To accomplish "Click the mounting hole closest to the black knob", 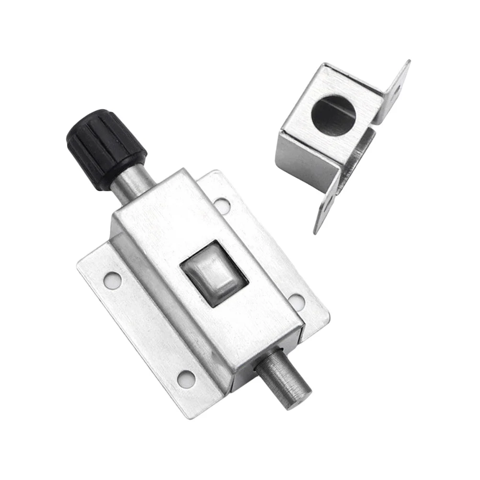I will click(x=221, y=205).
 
